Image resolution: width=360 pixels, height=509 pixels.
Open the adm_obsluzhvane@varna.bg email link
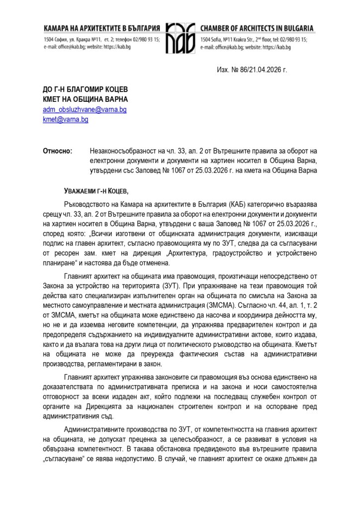click(x=85, y=110)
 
